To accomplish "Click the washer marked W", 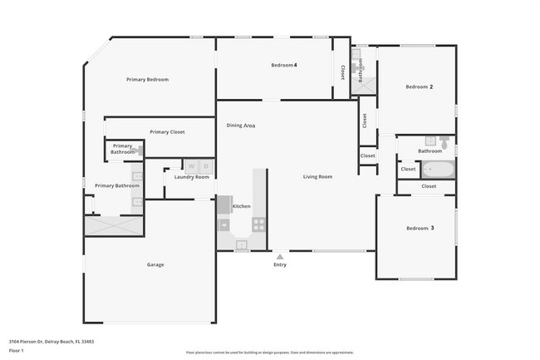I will point(190,165).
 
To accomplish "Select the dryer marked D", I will point(204,165).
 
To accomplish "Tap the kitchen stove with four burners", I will point(258,224).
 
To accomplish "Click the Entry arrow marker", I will point(279,256).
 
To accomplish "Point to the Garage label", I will point(155,265).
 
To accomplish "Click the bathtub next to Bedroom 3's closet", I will point(437,170).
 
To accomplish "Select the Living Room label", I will point(317,176).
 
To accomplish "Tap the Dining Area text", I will point(241,126).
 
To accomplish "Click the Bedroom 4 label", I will point(284,65).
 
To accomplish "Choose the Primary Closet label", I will point(167,132).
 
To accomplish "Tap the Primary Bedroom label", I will point(147,80).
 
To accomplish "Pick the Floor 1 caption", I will point(16,352).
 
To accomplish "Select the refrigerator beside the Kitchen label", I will point(224,205).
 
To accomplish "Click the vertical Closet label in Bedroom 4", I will point(342,73).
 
